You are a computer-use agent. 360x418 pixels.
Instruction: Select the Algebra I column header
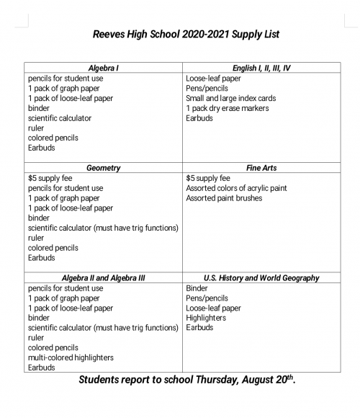pos(103,68)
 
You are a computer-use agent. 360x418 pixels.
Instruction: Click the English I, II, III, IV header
pos(261,68)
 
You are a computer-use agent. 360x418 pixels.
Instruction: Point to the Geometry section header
pos(103,168)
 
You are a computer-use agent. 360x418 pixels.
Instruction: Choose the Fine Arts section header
pos(261,168)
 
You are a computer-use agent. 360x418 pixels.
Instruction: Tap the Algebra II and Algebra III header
pos(103,278)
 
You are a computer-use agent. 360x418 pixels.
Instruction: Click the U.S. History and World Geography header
pos(261,278)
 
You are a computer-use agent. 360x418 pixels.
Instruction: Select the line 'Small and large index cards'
pos(230,98)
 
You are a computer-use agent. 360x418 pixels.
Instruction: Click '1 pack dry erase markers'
pos(227,108)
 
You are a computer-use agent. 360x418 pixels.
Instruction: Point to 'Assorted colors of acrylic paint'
pos(236,188)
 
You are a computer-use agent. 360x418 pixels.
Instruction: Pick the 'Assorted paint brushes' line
pos(224,198)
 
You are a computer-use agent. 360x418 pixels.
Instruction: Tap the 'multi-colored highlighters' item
pos(71,357)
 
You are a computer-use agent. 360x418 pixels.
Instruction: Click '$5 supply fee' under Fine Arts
pos(208,178)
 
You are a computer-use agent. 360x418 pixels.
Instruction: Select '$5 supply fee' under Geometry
pos(50,178)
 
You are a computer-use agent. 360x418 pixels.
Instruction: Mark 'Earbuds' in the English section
pos(199,118)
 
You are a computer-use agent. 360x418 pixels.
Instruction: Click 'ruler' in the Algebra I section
pos(36,128)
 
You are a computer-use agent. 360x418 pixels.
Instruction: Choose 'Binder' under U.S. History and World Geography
pos(197,288)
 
